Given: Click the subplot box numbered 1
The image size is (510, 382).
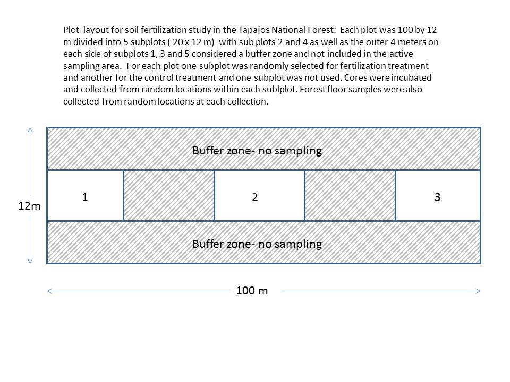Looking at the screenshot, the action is pos(85,196).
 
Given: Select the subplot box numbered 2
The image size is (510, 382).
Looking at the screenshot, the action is pos(260,196).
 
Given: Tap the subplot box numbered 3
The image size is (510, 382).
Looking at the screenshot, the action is pos(438,196).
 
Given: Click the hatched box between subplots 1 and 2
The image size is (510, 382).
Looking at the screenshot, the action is pos(169,196).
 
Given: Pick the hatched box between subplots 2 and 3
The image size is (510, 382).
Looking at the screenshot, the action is pos(350,196).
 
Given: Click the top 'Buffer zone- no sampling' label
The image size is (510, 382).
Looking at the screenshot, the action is pos(257,151).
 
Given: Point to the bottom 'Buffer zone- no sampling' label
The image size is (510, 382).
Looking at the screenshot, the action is pos(257,244).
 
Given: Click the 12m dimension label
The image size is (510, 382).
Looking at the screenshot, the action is pos(29,206).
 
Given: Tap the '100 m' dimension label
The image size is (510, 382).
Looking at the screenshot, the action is pos(252,290).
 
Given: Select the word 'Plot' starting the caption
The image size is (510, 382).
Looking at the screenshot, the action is pos(71,30).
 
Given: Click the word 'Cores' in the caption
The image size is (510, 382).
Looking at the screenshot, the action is pos(355,77).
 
